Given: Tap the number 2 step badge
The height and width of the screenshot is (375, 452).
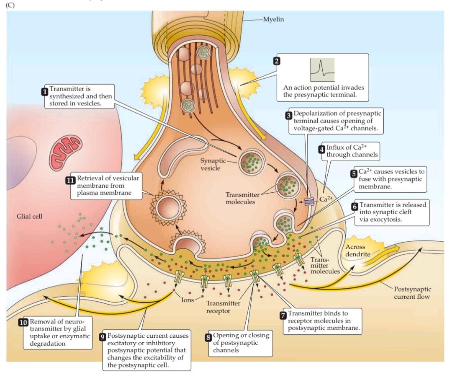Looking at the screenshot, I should [276, 61].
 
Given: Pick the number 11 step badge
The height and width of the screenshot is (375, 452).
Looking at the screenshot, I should [70, 181].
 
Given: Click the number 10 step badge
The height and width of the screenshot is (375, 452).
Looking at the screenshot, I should [23, 323].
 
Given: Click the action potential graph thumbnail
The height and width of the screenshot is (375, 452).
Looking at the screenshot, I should [322, 70].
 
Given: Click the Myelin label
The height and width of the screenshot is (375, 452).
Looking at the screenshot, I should [274, 19].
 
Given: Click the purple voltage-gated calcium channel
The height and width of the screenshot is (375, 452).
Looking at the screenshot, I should [310, 202].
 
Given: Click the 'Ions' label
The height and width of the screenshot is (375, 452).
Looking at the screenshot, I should [187, 300].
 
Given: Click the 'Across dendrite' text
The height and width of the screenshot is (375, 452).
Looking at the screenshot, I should [356, 251].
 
